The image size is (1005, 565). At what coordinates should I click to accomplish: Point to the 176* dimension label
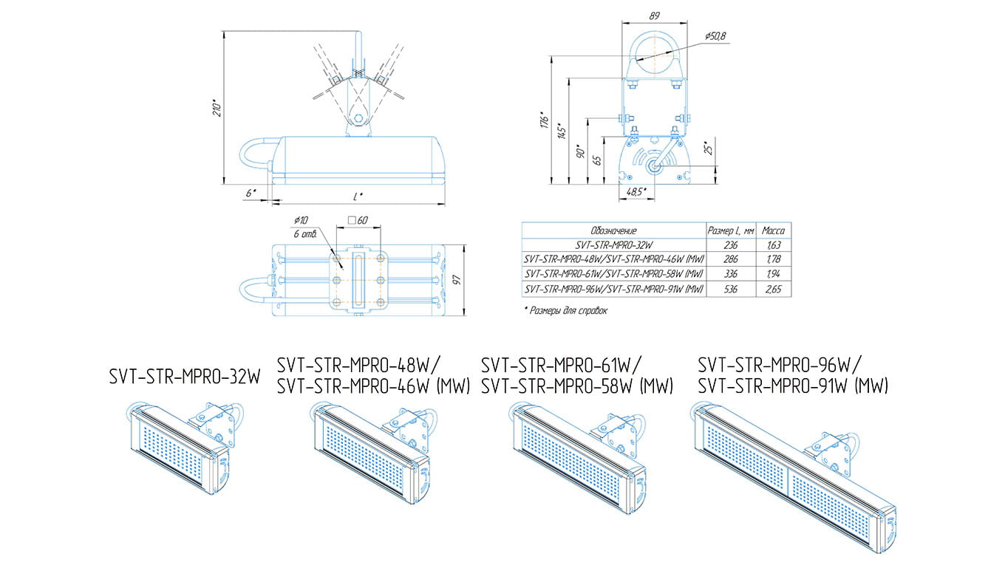click(543, 120)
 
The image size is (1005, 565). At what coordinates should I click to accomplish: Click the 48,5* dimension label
click(636, 191)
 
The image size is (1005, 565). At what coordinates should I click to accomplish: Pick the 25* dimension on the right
click(707, 148)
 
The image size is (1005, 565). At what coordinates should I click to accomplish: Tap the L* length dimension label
click(358, 196)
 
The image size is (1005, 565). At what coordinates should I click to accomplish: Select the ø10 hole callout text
click(301, 220)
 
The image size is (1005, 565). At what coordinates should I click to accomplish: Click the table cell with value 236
click(730, 245)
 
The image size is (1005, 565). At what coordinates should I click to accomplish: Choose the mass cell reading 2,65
click(773, 290)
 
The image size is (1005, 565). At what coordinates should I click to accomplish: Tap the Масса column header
click(773, 230)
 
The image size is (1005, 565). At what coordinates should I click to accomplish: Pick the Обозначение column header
click(613, 230)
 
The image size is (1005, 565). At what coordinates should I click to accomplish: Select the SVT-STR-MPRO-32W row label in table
click(613, 245)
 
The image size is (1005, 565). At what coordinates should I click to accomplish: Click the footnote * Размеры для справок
click(565, 311)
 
